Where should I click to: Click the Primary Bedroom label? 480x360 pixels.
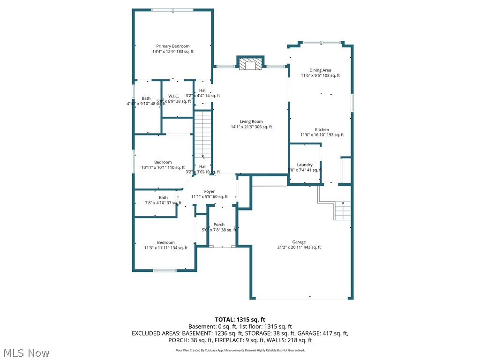coord(172,46)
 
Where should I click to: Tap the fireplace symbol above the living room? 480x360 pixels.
coord(250,65)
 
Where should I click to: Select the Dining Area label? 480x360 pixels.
coord(320,70)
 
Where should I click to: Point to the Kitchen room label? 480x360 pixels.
coord(322,129)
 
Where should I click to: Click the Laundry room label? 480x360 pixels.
coord(305,165)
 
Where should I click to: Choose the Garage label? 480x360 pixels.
coord(299,242)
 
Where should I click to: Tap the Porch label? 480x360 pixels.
coord(219,225)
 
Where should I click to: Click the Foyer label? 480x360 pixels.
coord(209,191)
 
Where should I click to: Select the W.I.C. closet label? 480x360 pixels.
coord(174,96)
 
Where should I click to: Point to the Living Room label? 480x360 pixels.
coord(251,121)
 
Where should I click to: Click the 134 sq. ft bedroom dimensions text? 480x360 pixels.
coord(165,248)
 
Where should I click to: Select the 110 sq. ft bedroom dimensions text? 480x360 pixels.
coord(163,167)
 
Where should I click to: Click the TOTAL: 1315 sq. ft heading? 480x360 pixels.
coord(240,319)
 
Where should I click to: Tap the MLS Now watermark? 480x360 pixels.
coord(26,352)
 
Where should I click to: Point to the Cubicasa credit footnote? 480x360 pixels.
coord(240,350)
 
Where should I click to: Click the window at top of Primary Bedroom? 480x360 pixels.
coord(172,10)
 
